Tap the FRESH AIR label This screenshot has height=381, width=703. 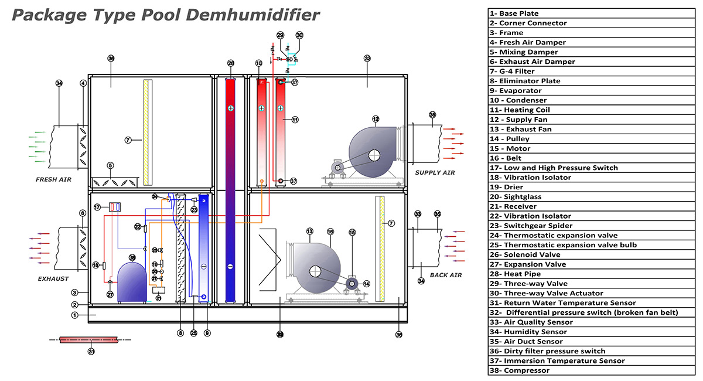click(x=53, y=179)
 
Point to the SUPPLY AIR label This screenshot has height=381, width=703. click(x=435, y=173)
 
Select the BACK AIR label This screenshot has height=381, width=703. click(x=446, y=275)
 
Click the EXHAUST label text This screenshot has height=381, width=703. click(x=53, y=279)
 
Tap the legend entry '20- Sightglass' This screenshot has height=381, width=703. click(x=520, y=196)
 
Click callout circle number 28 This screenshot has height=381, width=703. click(x=231, y=63)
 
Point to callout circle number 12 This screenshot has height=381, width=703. click(x=376, y=119)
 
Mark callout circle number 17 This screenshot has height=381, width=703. click(x=97, y=207)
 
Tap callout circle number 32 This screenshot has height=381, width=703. click(x=367, y=59)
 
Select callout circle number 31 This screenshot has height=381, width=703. click(x=91, y=352)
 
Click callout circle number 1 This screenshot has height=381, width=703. click(x=74, y=315)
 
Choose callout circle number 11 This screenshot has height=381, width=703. click(x=295, y=120)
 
